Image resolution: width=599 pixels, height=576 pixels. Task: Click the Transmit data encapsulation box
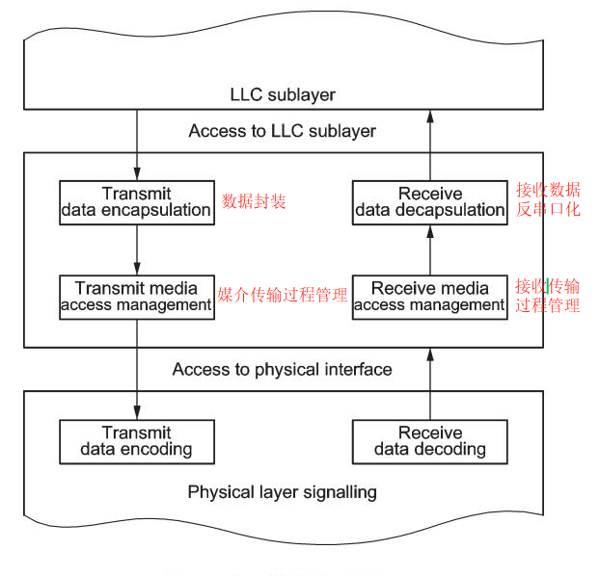pos(136,201)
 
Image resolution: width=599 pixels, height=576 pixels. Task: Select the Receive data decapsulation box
pos(429,201)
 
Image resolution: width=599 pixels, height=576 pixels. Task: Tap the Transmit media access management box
pos(136,296)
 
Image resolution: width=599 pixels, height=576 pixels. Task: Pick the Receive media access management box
pos(429,296)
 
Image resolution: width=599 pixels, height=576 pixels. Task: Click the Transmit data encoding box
pos(136,441)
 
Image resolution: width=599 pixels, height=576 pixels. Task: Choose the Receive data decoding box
pos(429,441)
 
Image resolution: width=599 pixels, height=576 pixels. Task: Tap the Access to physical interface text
pos(282,369)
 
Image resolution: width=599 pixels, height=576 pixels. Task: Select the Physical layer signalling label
pos(282,492)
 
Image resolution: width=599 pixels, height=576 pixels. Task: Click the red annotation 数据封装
pos(255,201)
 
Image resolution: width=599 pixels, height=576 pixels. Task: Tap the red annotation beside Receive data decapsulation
pos(548,199)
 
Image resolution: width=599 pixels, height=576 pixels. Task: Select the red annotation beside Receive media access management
pos(547,296)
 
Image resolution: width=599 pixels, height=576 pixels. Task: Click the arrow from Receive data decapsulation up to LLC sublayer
pos(429,144)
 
